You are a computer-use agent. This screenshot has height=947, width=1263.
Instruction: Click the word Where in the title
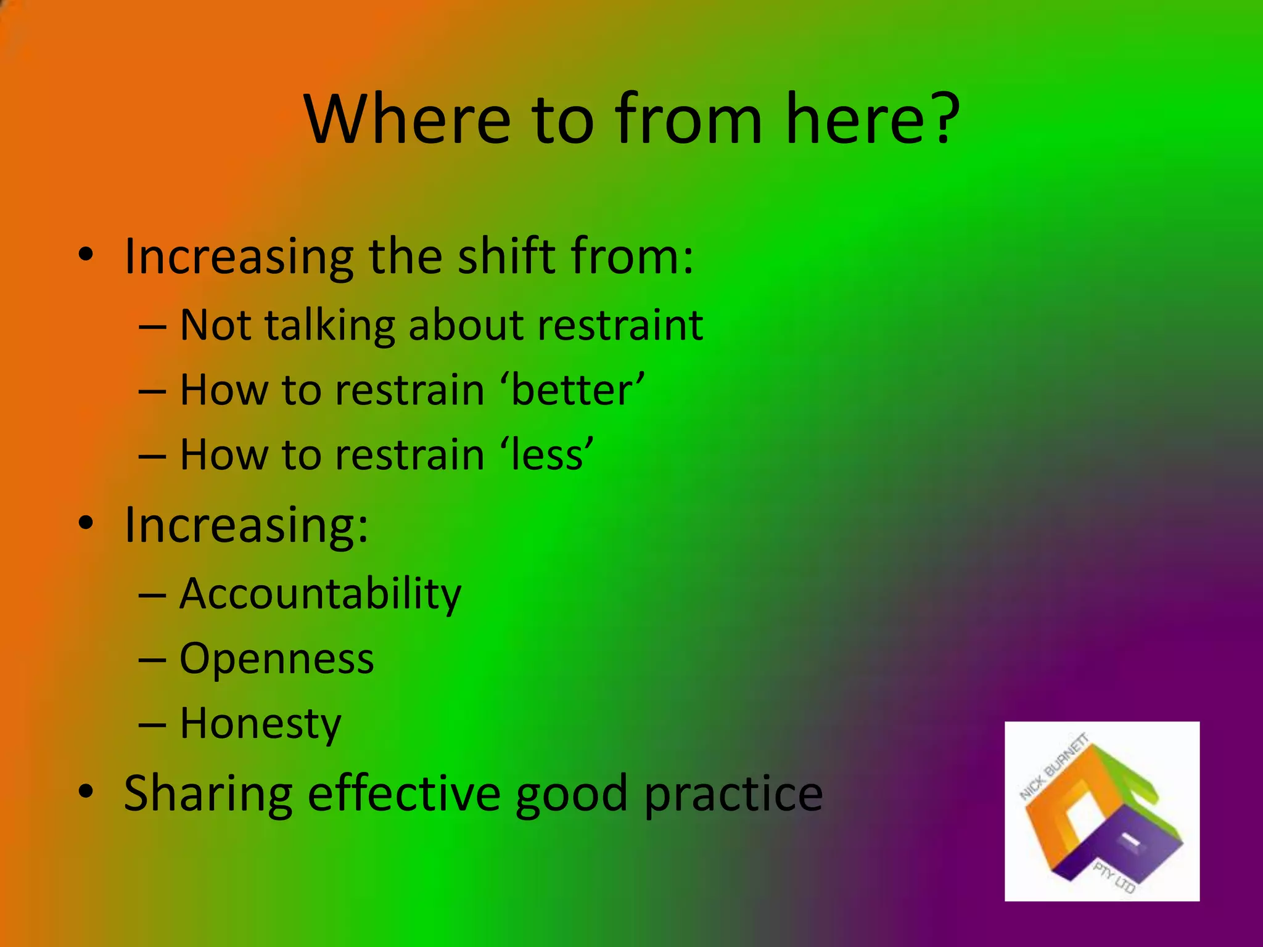pos(408,118)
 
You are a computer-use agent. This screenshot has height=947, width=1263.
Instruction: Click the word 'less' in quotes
pos(546,455)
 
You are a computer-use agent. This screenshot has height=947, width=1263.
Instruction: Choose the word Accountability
pos(320,594)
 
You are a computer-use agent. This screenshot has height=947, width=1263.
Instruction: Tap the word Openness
pos(277,659)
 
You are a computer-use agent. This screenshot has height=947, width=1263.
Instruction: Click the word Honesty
pos(260,724)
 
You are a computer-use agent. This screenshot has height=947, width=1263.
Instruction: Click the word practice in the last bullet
pos(733,794)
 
